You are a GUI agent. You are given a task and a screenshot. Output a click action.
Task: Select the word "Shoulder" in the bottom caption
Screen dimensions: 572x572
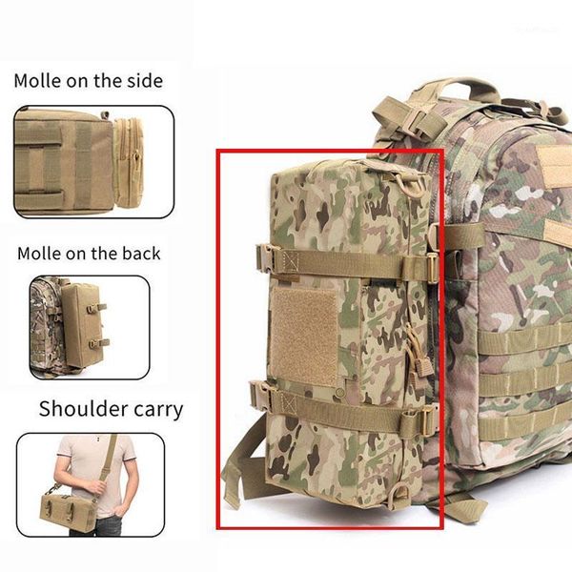pyautogui.click(x=85, y=410)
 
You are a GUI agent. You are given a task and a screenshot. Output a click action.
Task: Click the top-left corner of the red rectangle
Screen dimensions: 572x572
pyautogui.click(x=217, y=150)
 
